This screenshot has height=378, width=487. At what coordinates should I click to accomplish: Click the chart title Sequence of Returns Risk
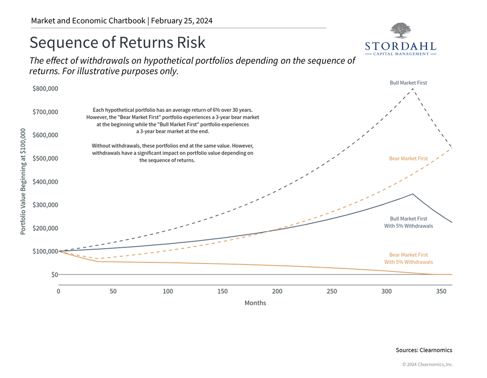click(117, 42)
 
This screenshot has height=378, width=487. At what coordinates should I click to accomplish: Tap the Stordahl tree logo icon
click(400, 31)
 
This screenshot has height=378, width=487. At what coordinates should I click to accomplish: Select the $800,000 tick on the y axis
click(45, 89)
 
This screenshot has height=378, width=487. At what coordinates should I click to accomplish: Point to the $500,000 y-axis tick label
click(45, 159)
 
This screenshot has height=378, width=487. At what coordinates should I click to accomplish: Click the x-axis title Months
click(255, 303)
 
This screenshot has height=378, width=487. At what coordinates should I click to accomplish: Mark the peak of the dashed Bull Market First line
click(413, 89)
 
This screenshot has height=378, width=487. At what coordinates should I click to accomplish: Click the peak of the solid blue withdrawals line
click(412, 194)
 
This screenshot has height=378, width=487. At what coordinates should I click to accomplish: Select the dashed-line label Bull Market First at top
click(408, 83)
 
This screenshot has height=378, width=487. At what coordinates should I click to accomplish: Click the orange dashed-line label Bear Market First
click(408, 159)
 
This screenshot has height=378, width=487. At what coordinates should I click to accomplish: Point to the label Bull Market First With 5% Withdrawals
click(408, 222)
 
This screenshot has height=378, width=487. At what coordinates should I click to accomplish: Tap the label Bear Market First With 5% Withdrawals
click(408, 258)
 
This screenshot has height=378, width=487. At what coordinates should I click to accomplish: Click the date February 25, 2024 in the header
click(182, 21)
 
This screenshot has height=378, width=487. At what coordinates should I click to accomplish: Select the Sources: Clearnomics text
click(424, 350)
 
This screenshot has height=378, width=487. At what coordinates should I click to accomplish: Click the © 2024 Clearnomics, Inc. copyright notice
click(427, 364)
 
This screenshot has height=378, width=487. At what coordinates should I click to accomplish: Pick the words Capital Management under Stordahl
click(400, 54)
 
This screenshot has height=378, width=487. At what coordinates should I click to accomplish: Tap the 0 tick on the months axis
click(58, 291)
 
